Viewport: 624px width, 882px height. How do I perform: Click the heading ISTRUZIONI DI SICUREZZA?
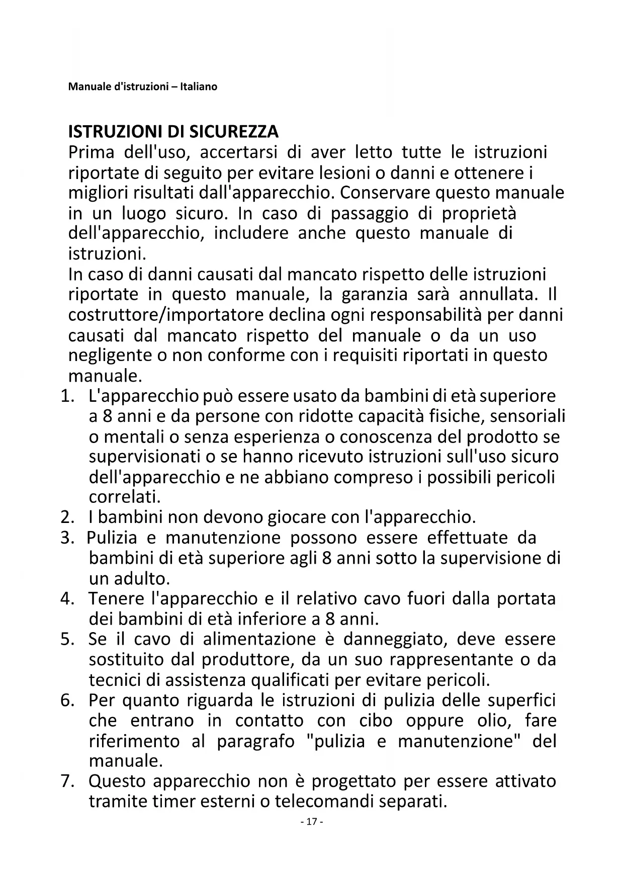pos(173,132)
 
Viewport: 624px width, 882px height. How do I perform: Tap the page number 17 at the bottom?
pos(311,822)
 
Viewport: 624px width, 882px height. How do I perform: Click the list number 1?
pos(67,396)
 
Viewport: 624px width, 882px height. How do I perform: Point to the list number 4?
pos(67,599)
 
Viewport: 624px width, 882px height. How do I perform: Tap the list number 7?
pos(67,781)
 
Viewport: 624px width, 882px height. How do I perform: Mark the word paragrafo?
pos(255,741)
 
